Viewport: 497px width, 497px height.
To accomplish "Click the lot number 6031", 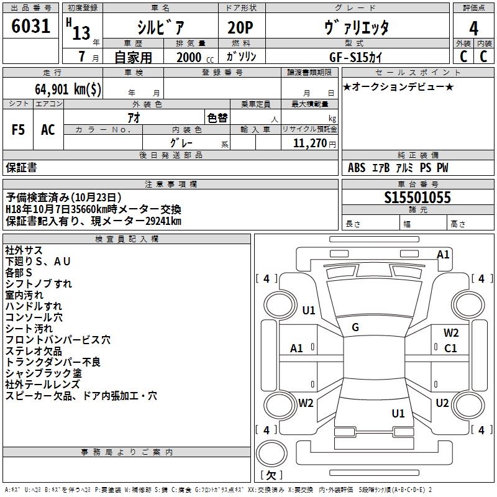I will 32,27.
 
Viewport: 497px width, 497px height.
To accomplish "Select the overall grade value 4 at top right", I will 474,28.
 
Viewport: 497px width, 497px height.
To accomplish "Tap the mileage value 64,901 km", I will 69,89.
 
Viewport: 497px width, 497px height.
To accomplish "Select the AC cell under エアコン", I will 48,130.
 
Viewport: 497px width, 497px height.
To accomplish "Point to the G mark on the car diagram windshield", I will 355,327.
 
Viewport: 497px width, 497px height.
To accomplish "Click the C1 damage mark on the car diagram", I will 450,348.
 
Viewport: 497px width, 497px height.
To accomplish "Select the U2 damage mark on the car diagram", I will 442,403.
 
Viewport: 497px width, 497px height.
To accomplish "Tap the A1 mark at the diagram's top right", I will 443,255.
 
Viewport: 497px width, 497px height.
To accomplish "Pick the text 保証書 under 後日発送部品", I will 21,168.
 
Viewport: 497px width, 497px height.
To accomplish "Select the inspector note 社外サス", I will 24,250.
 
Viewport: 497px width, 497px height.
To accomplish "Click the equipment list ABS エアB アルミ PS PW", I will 398,168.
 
